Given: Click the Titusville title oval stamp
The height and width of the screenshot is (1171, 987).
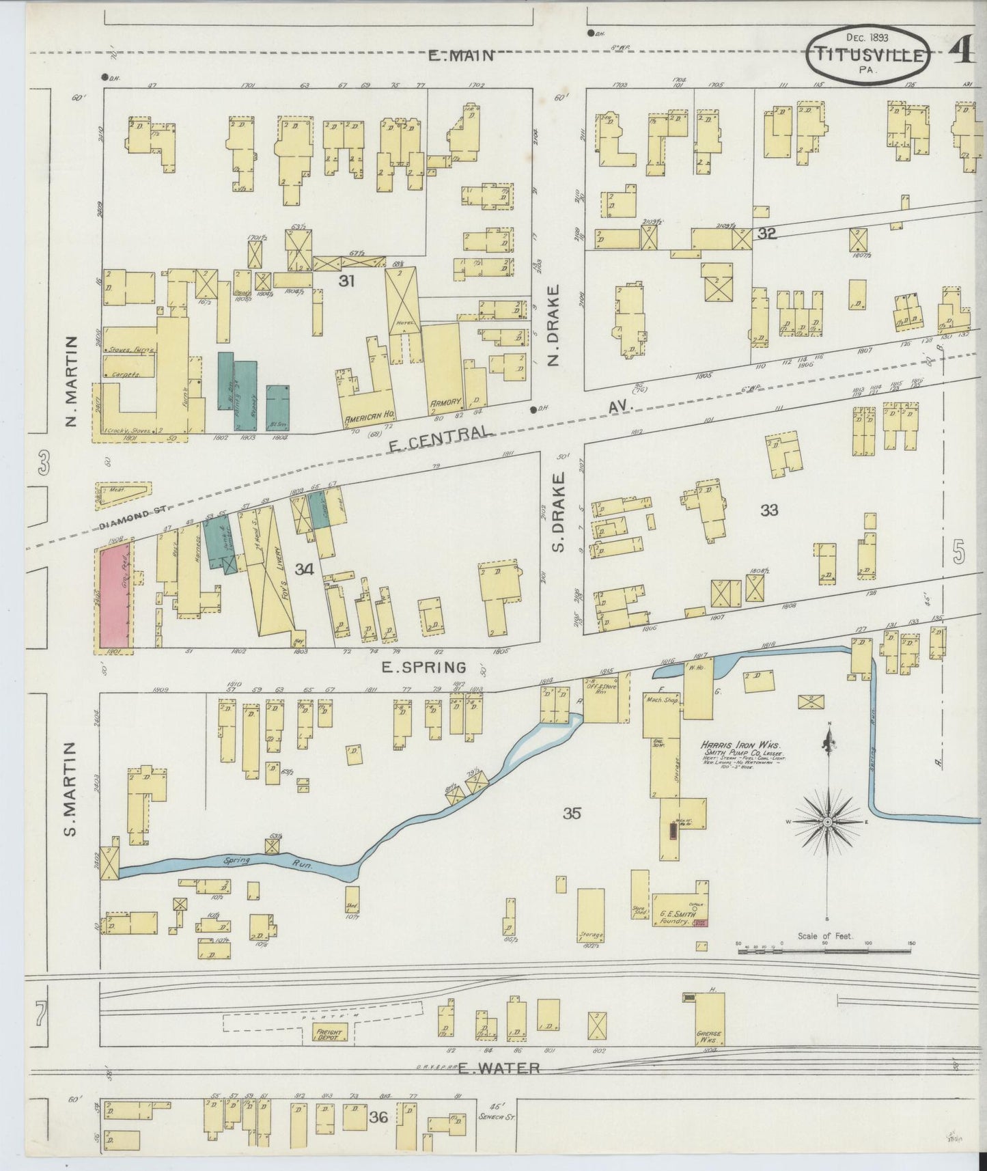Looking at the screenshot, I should (868, 55).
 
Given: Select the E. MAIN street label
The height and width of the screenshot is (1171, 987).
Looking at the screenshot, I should (460, 56).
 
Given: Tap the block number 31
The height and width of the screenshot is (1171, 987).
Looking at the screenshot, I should (347, 280).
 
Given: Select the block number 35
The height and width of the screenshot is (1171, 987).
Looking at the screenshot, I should (572, 813).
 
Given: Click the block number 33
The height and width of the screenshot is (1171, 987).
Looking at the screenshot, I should (769, 510).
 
